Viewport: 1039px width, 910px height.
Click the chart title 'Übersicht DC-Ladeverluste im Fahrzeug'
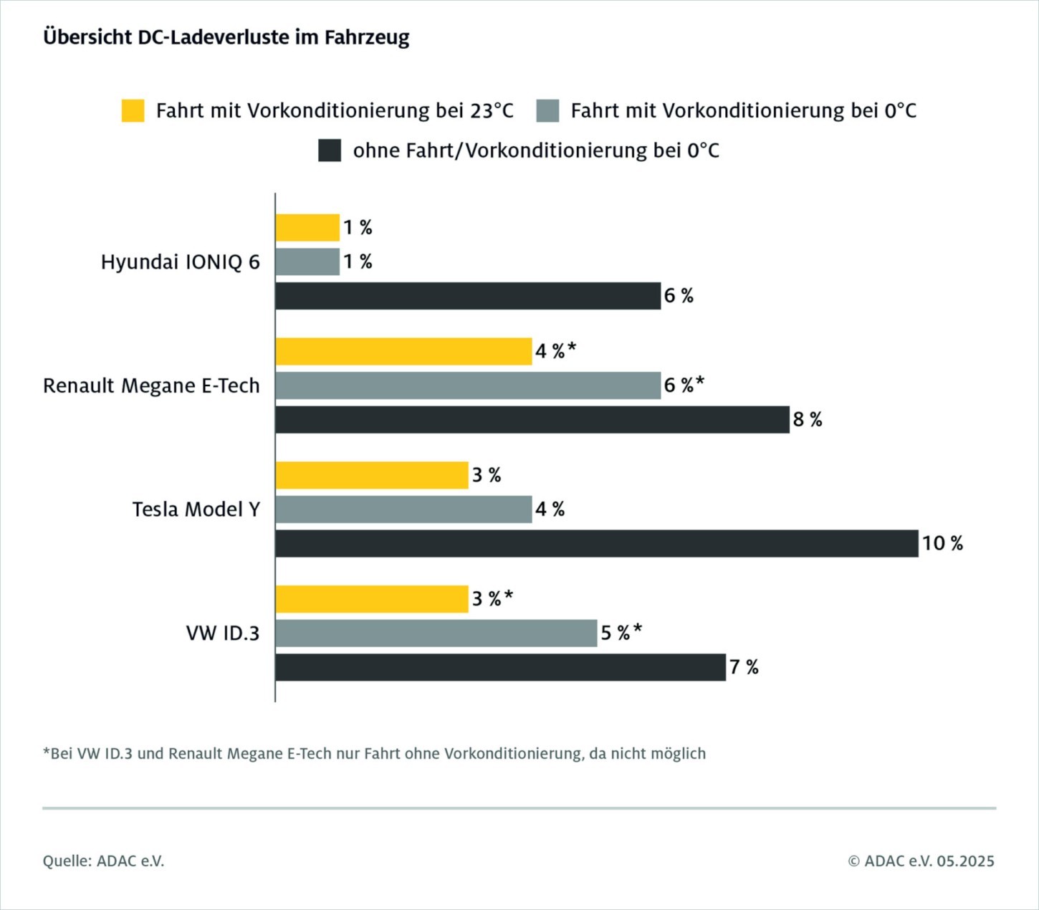[x=226, y=37]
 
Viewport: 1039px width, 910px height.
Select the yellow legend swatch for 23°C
[x=133, y=111]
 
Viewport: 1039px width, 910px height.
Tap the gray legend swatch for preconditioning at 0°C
[x=547, y=111]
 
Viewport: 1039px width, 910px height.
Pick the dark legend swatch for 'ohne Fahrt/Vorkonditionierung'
[x=330, y=150]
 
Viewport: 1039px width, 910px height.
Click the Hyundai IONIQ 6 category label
[x=180, y=262]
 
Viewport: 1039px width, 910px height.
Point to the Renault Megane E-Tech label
[x=151, y=385]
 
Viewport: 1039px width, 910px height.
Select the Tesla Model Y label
[x=196, y=509]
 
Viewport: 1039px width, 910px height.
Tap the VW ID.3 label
[x=222, y=633]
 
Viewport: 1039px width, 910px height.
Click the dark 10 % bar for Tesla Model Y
[x=596, y=543]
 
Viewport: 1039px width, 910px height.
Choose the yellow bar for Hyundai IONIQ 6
[x=307, y=228]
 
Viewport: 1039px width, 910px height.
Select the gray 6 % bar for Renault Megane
[x=468, y=385]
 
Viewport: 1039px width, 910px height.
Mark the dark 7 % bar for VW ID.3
[x=500, y=667]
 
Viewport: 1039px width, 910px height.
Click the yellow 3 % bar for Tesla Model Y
[x=372, y=475]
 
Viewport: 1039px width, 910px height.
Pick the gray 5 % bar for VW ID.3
[x=436, y=633]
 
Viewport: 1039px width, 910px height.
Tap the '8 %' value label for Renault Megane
[x=807, y=420]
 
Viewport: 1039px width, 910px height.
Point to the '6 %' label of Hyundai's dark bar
[x=678, y=296]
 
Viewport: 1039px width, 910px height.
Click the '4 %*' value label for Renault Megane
[x=555, y=351]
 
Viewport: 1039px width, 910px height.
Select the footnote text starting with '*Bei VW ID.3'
[x=374, y=754]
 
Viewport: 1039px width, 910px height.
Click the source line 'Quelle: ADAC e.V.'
[x=103, y=861]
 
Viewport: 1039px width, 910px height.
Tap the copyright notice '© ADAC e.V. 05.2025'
[x=921, y=861]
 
